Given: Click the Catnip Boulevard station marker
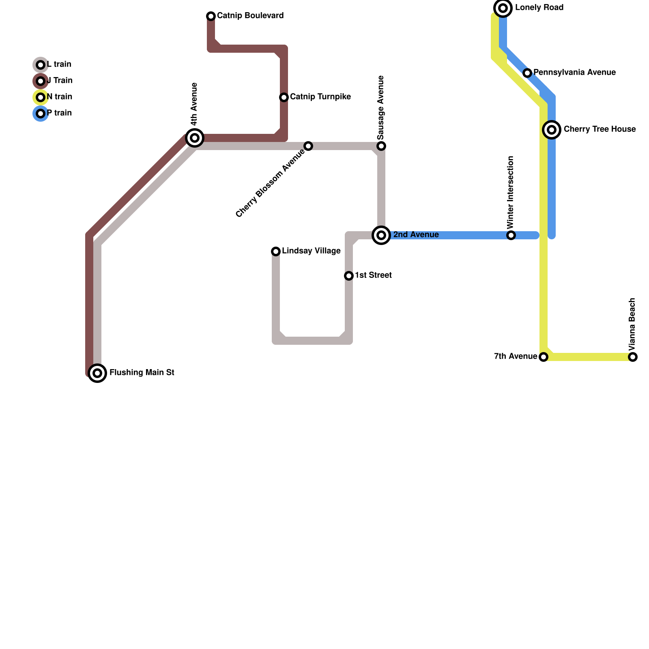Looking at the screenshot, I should click(x=211, y=16).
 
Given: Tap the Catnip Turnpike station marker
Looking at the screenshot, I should click(x=284, y=97).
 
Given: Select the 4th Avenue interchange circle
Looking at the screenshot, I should click(x=195, y=138).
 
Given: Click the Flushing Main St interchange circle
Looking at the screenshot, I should click(x=97, y=373).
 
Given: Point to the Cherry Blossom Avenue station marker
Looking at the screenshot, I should click(x=308, y=146).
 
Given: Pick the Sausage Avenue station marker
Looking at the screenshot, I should click(x=381, y=146).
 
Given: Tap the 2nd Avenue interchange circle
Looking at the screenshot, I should click(x=381, y=235).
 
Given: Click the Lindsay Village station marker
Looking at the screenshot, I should click(x=276, y=251).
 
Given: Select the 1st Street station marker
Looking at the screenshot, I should click(x=349, y=276).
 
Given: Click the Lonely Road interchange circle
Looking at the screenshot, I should click(x=503, y=8).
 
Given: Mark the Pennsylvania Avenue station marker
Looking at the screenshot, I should click(x=527, y=73).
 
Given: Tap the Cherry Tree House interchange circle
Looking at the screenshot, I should click(x=552, y=130).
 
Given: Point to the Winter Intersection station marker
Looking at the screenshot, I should click(x=511, y=235).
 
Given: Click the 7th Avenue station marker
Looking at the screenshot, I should click(x=544, y=357).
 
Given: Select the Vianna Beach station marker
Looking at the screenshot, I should click(x=633, y=357).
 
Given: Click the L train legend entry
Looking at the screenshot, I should click(x=53, y=65).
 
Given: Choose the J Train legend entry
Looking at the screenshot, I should click(x=53, y=81).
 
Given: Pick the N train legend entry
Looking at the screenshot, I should click(x=53, y=97).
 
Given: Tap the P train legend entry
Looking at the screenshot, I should click(x=53, y=114).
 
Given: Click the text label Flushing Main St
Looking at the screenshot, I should click(x=142, y=373).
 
